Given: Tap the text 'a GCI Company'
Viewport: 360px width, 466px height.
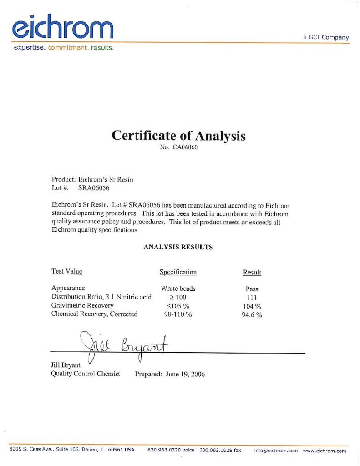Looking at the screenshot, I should [x=326, y=37].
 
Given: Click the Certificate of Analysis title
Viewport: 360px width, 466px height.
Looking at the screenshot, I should [x=178, y=136].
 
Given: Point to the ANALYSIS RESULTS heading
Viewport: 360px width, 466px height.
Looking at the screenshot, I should [x=178, y=248].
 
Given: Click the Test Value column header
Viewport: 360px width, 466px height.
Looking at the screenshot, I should [x=67, y=271].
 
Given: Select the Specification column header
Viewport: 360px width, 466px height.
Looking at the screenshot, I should [x=178, y=272].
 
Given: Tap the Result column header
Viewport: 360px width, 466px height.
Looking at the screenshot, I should [x=252, y=272].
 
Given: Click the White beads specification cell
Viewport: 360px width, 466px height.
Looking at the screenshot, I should [x=178, y=289].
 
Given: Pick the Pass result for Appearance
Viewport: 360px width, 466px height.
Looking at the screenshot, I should [x=252, y=289].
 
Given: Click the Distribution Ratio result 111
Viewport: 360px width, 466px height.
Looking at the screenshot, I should [x=252, y=297].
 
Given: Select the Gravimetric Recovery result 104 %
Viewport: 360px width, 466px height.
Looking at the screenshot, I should [x=252, y=306].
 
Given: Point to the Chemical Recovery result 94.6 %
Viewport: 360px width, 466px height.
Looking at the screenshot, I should [x=252, y=314].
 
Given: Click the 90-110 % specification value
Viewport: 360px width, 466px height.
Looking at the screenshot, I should [x=178, y=314].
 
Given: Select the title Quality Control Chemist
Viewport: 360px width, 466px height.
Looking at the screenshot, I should [x=86, y=374].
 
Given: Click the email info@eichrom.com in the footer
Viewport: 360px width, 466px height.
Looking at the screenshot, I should [x=276, y=451].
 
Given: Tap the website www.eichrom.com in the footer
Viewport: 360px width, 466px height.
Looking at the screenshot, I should [x=324, y=451].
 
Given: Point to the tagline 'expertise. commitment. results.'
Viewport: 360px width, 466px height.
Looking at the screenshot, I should [x=63, y=47].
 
